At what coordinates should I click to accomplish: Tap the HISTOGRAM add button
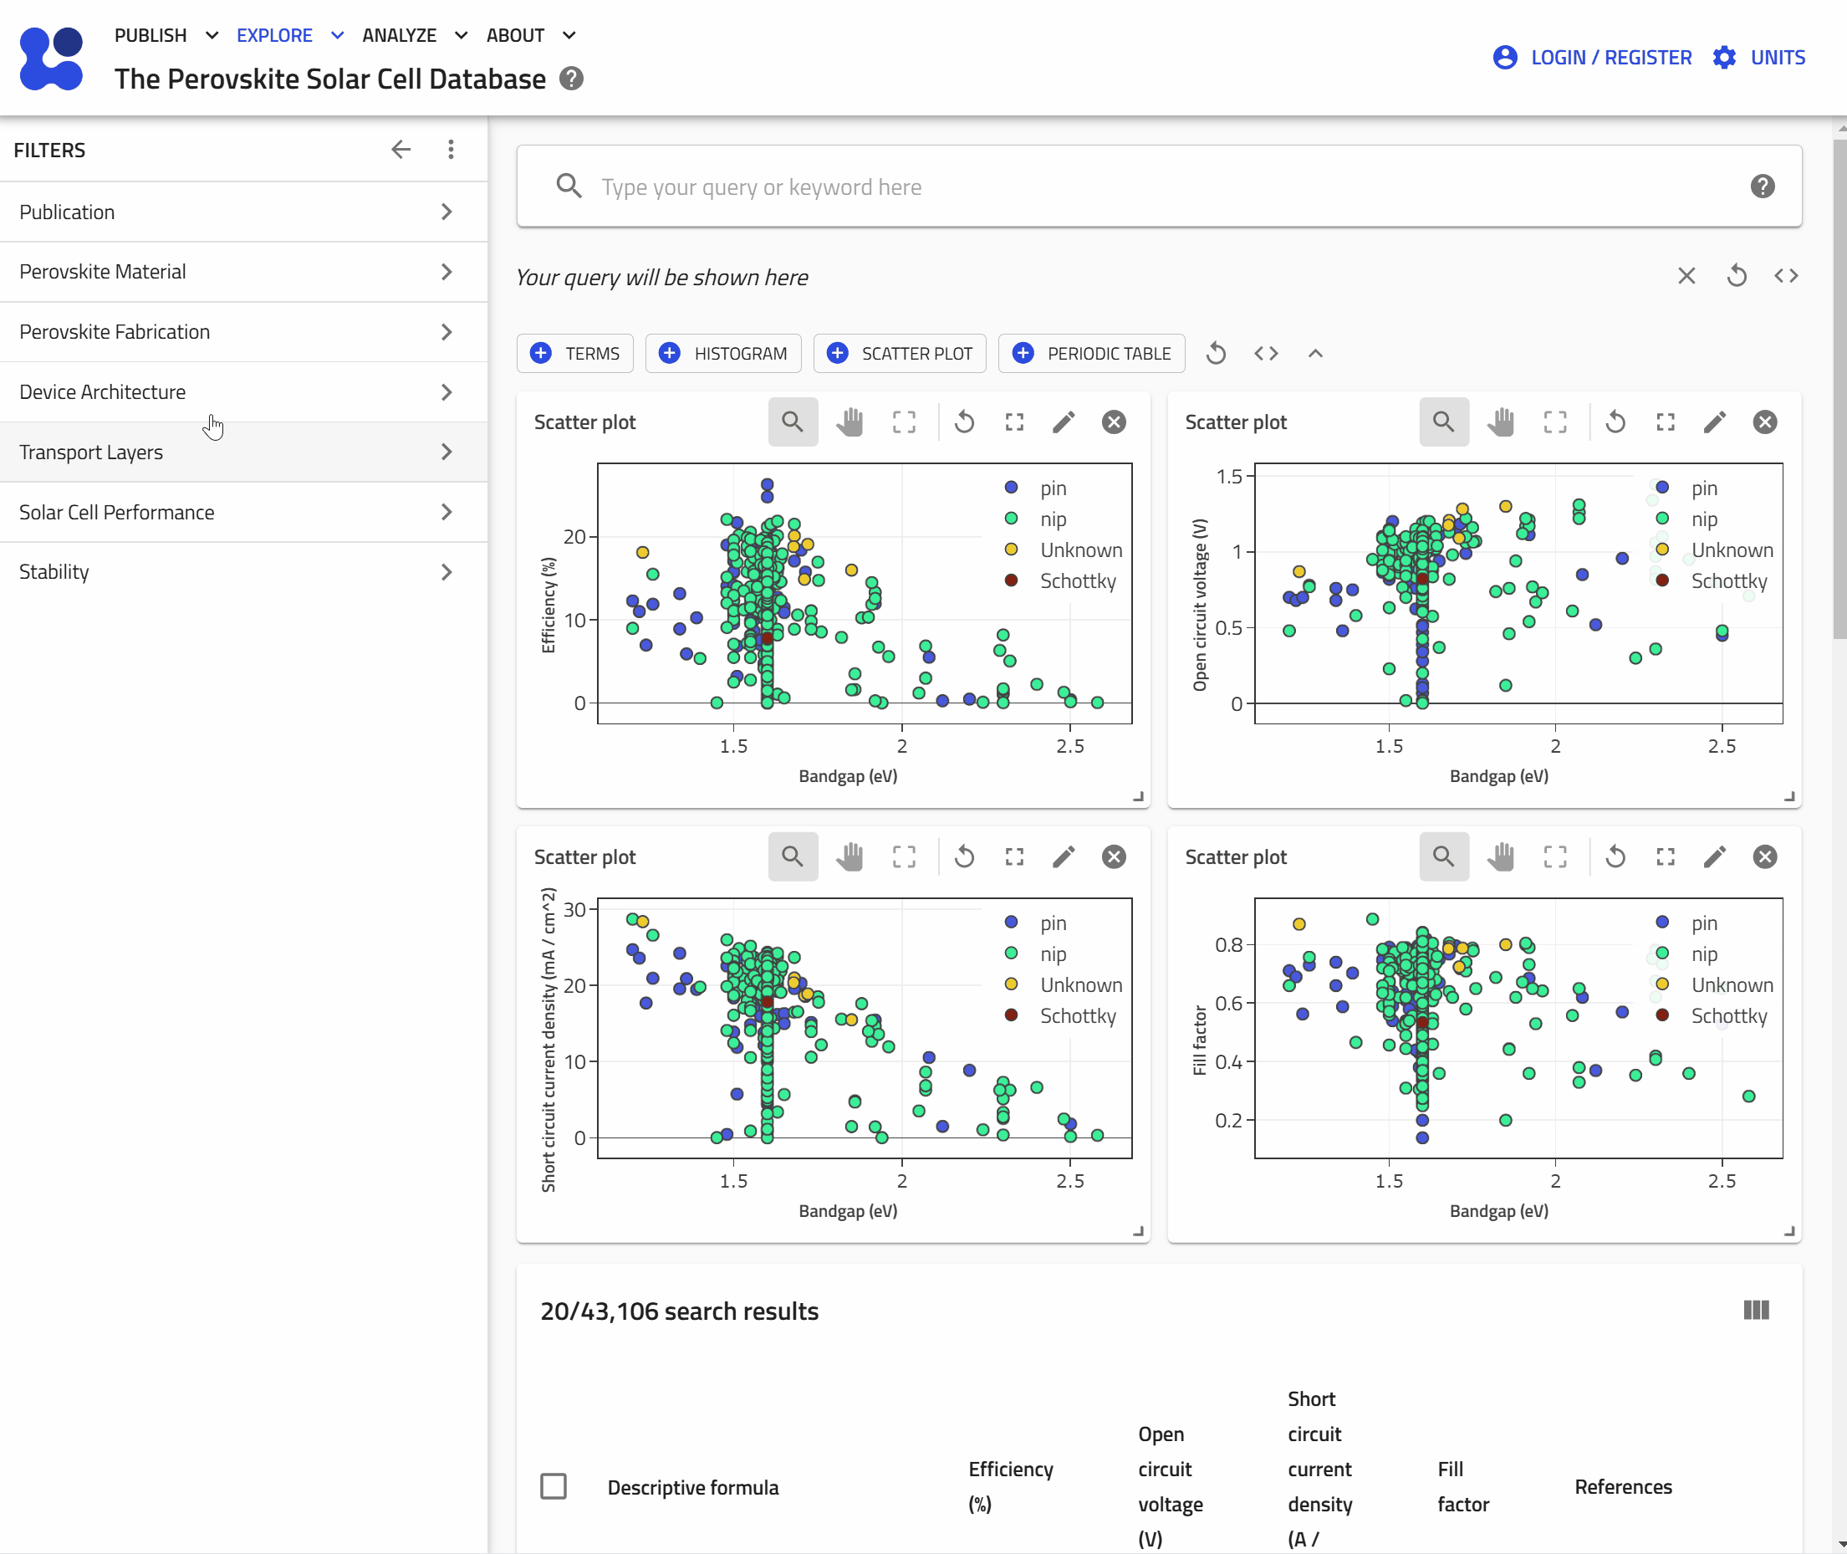tap(723, 353)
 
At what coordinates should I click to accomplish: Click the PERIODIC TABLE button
tap(1091, 353)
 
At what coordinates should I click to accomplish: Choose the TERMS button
tap(575, 353)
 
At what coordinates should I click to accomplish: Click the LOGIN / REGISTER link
tap(1593, 57)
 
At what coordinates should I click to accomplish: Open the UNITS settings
tap(1759, 57)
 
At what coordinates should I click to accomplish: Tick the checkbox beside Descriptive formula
tap(554, 1486)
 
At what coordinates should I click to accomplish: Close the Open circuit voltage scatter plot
tap(1764, 422)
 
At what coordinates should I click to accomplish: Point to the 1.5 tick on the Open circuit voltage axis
tap(1229, 477)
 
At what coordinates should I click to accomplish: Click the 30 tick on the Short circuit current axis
tap(574, 910)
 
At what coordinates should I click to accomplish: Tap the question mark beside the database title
tap(572, 79)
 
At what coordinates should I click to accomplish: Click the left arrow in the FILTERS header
tap(401, 150)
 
